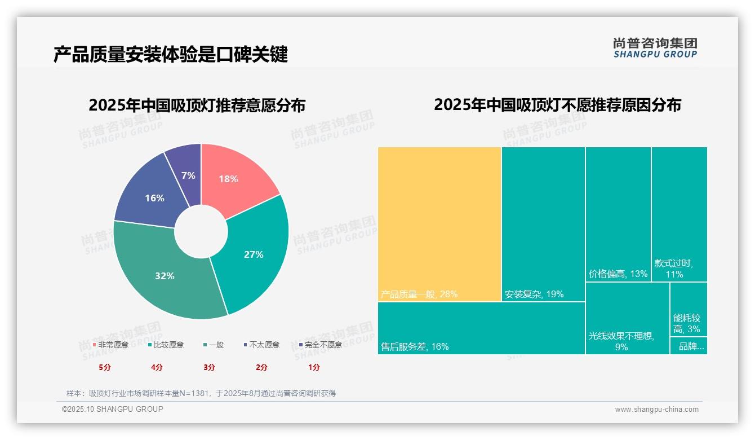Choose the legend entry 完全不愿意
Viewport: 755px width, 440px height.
click(320, 345)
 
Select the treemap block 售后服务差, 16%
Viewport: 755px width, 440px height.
click(481, 328)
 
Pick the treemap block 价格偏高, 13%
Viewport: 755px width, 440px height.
click(618, 214)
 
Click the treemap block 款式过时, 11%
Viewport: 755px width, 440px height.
click(679, 214)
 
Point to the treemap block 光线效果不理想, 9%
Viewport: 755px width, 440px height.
click(627, 318)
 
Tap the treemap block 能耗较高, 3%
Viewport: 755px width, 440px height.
click(689, 309)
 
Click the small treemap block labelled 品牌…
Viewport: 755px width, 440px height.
click(689, 346)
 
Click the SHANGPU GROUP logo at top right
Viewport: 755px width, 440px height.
click(655, 47)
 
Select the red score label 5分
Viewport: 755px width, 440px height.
click(105, 367)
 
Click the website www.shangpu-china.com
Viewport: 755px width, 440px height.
click(656, 410)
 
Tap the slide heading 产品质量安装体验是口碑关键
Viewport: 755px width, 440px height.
click(171, 55)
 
